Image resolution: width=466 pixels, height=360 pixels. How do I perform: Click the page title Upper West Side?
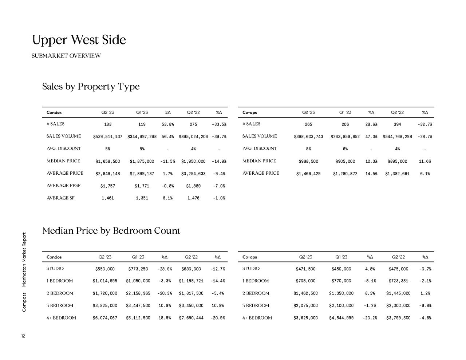click(x=79, y=40)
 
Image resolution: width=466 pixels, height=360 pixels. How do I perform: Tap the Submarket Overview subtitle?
click(x=66, y=56)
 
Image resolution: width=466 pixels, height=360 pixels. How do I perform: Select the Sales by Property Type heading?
click(x=91, y=87)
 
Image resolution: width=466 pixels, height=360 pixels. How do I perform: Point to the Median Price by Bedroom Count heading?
click(x=111, y=231)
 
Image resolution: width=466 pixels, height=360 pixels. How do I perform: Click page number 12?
click(x=23, y=336)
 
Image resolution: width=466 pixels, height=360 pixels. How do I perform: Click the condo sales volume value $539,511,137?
click(x=108, y=137)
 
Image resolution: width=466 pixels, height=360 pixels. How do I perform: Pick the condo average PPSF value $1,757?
click(x=108, y=186)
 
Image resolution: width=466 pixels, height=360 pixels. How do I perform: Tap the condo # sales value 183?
click(x=108, y=124)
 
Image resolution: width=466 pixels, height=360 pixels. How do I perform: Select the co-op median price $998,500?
click(x=308, y=161)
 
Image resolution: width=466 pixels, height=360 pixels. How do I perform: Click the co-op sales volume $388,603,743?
click(x=308, y=137)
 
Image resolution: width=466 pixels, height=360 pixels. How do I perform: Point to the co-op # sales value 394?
click(x=397, y=124)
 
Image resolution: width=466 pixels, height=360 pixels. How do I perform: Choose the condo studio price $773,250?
click(x=138, y=269)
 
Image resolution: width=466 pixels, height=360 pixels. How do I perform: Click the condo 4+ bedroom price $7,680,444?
click(x=191, y=318)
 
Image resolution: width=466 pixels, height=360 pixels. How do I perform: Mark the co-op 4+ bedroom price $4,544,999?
click(x=341, y=318)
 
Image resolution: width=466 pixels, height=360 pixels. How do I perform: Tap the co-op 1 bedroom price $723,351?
click(x=398, y=281)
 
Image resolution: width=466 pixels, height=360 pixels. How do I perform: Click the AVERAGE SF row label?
click(x=60, y=198)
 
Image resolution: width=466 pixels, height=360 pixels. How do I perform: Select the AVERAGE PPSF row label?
click(x=63, y=186)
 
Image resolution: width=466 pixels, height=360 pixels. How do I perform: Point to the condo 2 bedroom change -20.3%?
click(x=165, y=293)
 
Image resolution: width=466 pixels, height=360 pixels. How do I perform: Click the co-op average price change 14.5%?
click(x=371, y=174)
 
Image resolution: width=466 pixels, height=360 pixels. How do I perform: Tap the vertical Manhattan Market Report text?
click(x=24, y=260)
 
